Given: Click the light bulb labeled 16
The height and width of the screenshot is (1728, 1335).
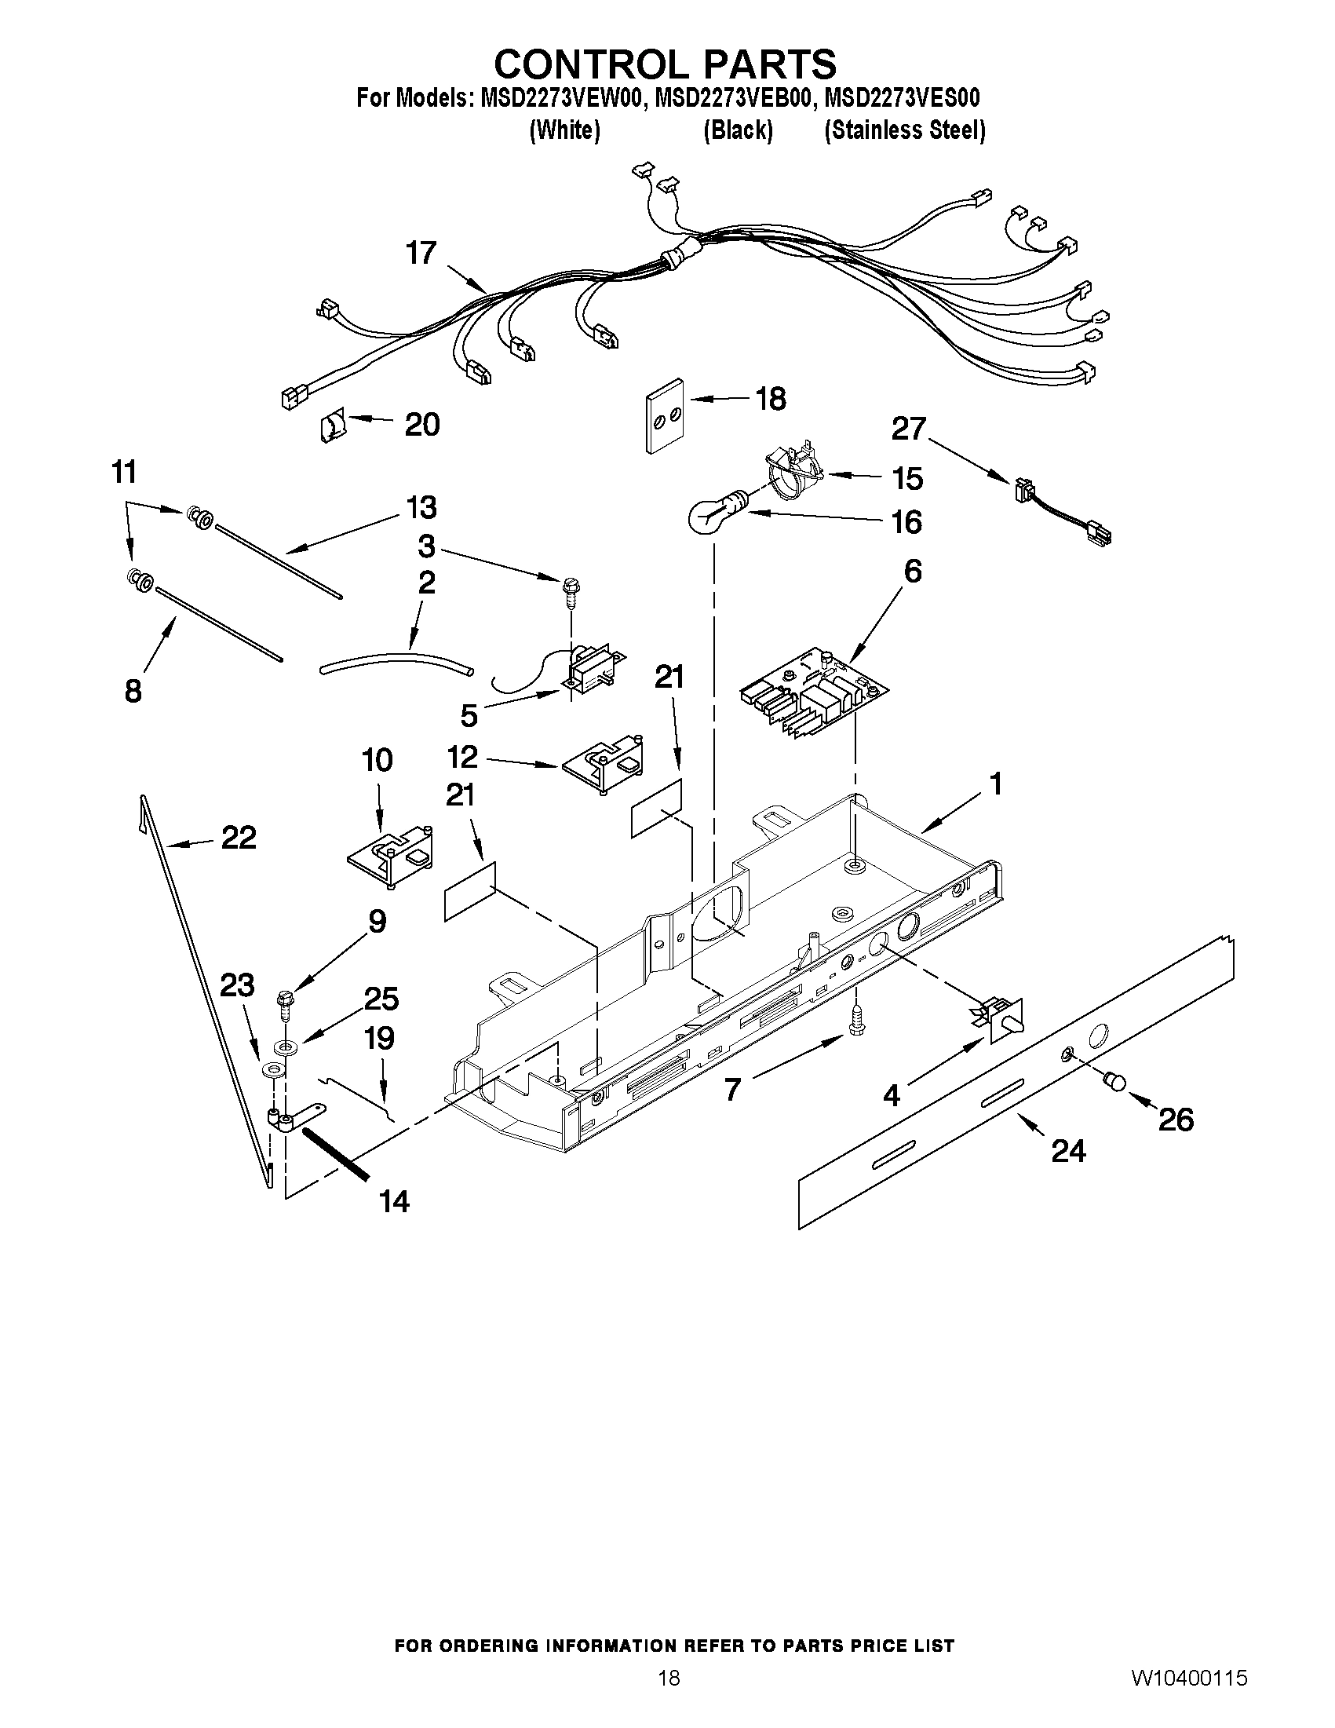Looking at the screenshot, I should pos(712,515).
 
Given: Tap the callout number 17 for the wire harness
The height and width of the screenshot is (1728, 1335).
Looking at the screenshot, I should pos(421,253).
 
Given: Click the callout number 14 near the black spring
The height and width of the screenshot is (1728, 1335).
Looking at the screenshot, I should pos(394,1202).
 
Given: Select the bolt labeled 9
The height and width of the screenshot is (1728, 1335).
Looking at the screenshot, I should pos(285,1005).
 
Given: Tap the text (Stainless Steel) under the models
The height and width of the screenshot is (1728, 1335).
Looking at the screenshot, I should pos(904,130).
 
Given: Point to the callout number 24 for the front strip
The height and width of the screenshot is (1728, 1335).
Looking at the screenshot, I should pos(1067,1150).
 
